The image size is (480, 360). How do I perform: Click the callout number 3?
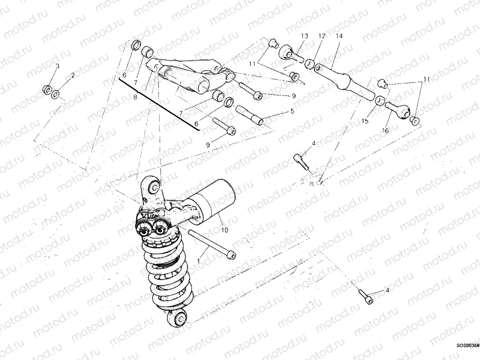[x=57, y=65]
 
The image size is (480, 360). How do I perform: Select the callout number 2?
[x=73, y=76]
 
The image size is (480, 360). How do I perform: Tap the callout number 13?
[x=304, y=37]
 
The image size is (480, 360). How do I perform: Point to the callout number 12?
[x=322, y=37]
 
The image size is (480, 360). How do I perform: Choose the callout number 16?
[x=385, y=130]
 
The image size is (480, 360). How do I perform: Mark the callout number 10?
[x=224, y=230]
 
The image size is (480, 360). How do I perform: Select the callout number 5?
[x=292, y=112]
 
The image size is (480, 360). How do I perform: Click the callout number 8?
[x=136, y=96]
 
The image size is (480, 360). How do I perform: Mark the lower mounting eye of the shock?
[x=179, y=318]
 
